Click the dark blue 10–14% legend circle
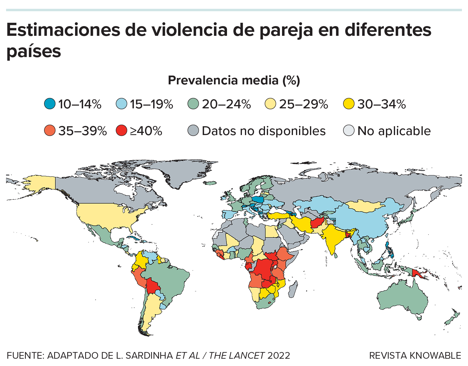pyautogui.click(x=50, y=104)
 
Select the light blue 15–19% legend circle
pyautogui.click(x=122, y=104)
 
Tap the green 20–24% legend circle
pyautogui.click(x=193, y=104)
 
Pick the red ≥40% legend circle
pyautogui.click(x=122, y=131)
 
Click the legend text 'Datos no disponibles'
pyautogui.click(x=263, y=131)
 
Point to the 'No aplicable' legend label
pyautogui.click(x=394, y=131)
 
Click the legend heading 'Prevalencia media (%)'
pyautogui.click(x=234, y=80)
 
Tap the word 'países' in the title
pyautogui.click(x=34, y=51)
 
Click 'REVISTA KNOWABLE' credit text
pyautogui.click(x=415, y=355)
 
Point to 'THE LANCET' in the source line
pyautogui.click(x=236, y=355)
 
